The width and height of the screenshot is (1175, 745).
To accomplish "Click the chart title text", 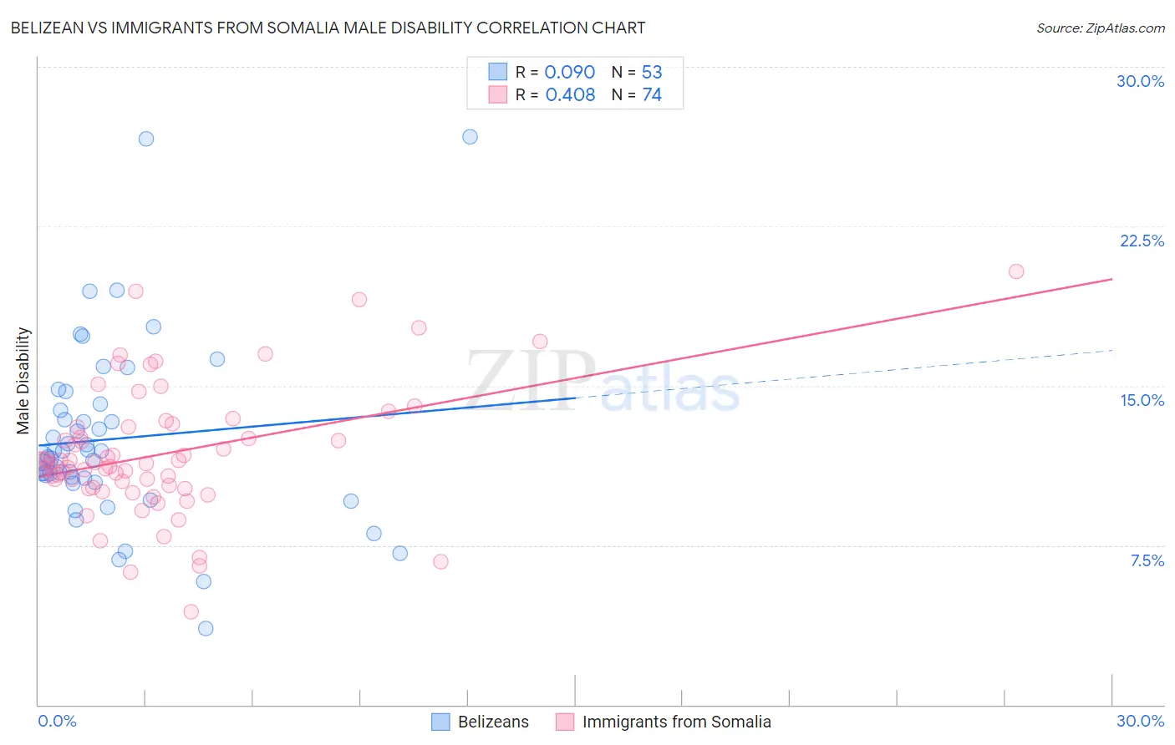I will tap(328, 28).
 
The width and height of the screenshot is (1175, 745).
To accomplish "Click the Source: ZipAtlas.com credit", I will tap(1100, 28).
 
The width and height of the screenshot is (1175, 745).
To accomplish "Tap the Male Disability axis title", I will tap(23, 380).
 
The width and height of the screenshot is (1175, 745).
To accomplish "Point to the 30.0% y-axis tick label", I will tap(1140, 81).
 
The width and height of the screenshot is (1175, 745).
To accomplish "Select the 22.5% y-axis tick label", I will tap(1142, 241).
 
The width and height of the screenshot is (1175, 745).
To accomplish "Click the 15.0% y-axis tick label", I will tap(1142, 400).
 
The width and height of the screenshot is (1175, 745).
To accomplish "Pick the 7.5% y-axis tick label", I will tap(1147, 560).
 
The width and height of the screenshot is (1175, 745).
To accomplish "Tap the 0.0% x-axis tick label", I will tap(57, 721).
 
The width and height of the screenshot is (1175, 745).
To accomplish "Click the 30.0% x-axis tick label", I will tap(1140, 721).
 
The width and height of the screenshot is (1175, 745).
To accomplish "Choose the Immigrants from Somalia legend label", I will tap(676, 722).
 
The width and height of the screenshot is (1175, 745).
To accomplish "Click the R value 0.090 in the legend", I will tap(570, 73).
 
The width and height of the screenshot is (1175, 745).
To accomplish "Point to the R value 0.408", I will tap(570, 95).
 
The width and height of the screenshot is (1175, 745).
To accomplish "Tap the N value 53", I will tap(652, 73).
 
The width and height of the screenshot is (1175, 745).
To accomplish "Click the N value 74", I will tap(652, 95).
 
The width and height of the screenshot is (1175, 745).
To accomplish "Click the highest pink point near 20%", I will tap(1016, 271).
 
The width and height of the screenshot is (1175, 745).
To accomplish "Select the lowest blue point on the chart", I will tap(206, 628).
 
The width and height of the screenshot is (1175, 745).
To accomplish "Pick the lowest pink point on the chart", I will tap(191, 612).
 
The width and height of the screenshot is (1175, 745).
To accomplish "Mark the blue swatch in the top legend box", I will tap(498, 73).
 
